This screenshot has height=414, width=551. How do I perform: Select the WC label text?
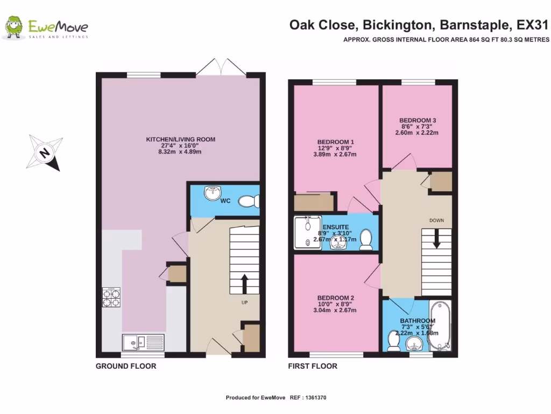(x=225, y=201)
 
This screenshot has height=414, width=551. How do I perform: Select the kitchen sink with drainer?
(x=143, y=342)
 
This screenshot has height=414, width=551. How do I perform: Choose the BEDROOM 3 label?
(x=417, y=120)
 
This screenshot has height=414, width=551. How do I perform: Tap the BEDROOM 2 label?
(x=335, y=298)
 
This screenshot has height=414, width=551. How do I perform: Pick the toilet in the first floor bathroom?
(x=393, y=341)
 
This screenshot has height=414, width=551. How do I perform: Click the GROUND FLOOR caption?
(x=126, y=367)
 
